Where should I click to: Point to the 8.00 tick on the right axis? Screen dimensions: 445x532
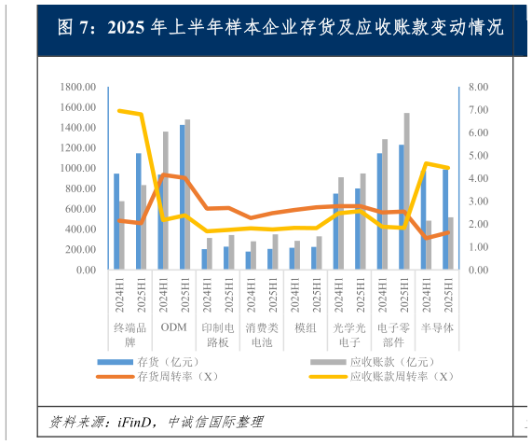477,87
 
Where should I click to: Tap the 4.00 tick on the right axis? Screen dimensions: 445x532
477,178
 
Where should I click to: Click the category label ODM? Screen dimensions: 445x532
173,327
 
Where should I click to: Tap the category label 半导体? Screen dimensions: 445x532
437,327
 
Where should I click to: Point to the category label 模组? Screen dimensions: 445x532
306,327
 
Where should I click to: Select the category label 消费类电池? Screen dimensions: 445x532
262,334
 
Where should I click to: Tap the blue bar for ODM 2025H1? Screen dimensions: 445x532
182,197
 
